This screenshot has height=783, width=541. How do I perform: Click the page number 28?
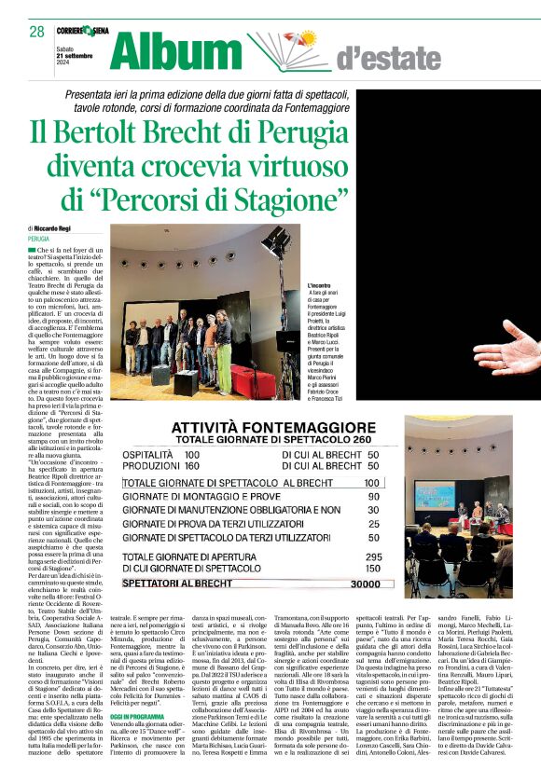click(36, 32)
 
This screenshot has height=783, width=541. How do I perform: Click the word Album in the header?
click(182, 50)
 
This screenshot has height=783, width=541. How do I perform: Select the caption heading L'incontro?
click(322, 285)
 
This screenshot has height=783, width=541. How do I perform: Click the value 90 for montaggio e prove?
click(372, 498)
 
